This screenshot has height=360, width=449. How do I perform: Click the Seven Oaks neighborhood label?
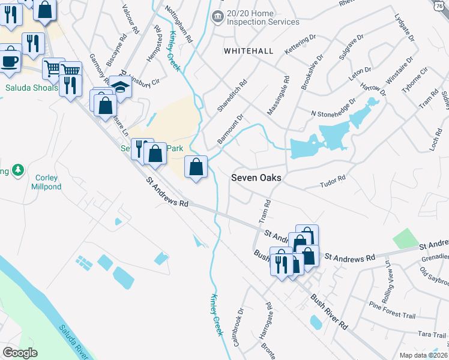pos(256,178)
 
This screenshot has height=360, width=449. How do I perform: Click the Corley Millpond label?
pos(46,182)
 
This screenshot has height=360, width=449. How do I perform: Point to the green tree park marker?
pos(18,170)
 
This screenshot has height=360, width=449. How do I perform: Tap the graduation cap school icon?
pos(121,87)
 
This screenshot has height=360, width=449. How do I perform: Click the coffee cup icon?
pos(9,61)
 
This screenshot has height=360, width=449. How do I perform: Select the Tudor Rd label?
pos(333,179)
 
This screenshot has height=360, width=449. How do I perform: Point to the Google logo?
pos(20,353)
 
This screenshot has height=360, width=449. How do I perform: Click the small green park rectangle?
pos(406,239)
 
